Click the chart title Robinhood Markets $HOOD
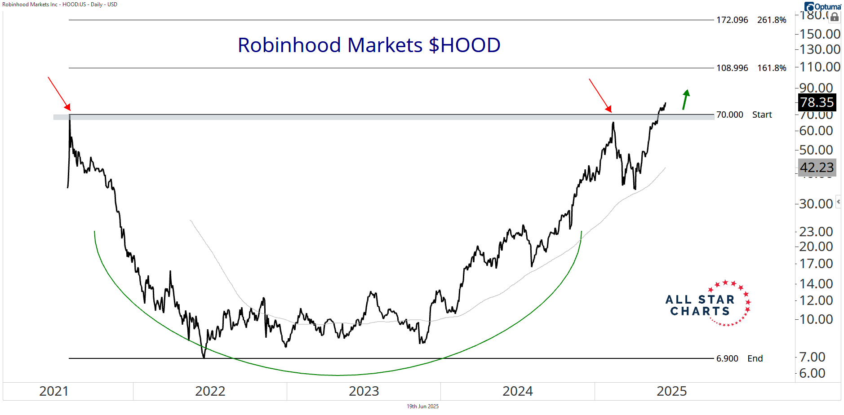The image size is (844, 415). [369, 45]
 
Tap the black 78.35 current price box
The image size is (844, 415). [817, 102]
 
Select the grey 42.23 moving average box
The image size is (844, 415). [817, 168]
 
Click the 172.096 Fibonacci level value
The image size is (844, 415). [732, 20]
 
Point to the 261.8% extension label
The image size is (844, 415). [772, 20]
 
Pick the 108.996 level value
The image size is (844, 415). [732, 68]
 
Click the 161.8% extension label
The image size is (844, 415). [772, 68]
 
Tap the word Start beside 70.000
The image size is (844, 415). [762, 115]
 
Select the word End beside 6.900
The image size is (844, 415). [755, 359]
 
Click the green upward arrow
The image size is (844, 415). [685, 99]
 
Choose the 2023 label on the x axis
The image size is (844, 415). [364, 391]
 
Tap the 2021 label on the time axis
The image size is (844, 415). [53, 391]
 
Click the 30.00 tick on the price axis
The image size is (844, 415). [816, 204]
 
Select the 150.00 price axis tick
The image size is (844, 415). [819, 34]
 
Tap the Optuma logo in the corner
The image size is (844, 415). [823, 7]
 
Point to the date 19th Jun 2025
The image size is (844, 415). [422, 406]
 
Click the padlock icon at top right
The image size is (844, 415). [834, 18]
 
